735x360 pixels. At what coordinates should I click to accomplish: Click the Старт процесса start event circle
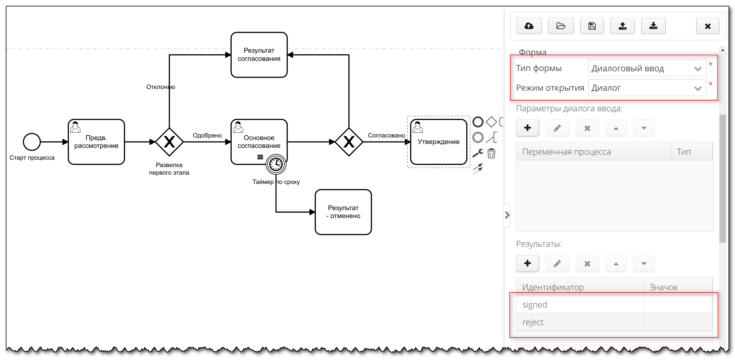[x=32, y=142]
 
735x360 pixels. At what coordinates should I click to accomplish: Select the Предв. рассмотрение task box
[x=96, y=142]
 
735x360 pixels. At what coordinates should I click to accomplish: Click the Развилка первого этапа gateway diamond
[x=169, y=142]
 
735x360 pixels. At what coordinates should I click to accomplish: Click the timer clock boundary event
[x=276, y=164]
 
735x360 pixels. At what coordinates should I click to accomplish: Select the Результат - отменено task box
[x=343, y=212]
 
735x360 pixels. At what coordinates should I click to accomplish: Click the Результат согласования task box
[x=259, y=55]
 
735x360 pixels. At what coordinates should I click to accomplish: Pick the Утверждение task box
[x=439, y=142]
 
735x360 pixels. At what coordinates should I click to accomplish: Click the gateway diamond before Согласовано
[x=349, y=142]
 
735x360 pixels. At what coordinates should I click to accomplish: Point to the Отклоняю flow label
[x=161, y=87]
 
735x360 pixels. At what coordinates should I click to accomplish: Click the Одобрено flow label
[x=207, y=135]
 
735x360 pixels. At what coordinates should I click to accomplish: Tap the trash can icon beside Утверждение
[x=491, y=154]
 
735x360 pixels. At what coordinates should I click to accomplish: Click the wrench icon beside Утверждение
[x=478, y=153]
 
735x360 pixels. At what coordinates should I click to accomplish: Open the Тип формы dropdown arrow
[x=698, y=68]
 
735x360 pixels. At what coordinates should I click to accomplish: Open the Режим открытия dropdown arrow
[x=698, y=88]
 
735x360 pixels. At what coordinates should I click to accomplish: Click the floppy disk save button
[x=592, y=26]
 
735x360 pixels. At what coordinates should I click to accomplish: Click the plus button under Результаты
[x=527, y=263]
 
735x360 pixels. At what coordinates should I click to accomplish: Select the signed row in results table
[x=579, y=305]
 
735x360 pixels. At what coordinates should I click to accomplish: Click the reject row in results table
[x=579, y=322]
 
